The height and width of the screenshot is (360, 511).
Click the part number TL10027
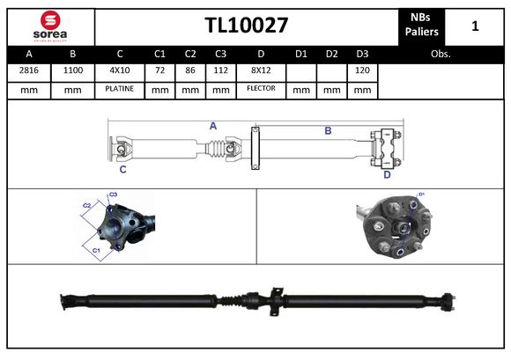[x=247, y=26]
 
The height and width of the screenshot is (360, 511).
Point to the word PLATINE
[x=119, y=89]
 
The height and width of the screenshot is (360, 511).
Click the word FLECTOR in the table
[x=261, y=89]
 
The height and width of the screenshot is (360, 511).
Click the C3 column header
[x=221, y=54]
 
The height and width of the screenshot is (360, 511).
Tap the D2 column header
[x=331, y=54]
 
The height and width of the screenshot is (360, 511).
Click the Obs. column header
[x=441, y=54]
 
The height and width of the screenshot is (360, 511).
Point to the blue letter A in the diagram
[x=213, y=126]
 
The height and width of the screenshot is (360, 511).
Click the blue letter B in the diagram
[x=328, y=130]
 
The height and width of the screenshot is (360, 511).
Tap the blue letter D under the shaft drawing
[x=387, y=174]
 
